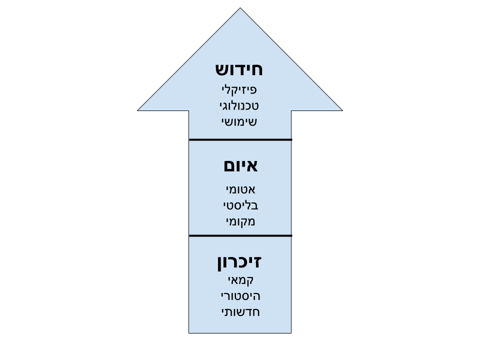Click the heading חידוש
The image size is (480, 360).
click(x=239, y=69)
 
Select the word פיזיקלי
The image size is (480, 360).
click(x=239, y=90)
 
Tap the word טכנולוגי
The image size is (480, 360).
click(x=239, y=106)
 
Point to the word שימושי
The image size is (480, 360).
click(x=239, y=121)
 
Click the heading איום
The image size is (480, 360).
click(x=240, y=165)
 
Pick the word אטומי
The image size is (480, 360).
click(x=240, y=189)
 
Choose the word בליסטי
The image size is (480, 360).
click(x=240, y=205)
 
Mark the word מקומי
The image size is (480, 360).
click(x=240, y=221)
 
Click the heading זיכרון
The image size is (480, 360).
click(x=239, y=262)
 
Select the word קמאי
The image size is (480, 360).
click(x=240, y=280)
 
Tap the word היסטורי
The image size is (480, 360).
click(x=240, y=296)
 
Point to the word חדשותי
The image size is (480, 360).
click(x=240, y=312)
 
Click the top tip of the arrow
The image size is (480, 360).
click(x=240, y=9)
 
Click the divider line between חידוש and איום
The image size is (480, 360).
click(x=240, y=140)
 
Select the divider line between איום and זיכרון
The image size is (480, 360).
click(x=240, y=235)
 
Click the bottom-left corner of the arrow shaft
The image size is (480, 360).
click(x=190, y=331)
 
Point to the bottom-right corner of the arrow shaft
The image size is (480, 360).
click(x=290, y=331)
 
